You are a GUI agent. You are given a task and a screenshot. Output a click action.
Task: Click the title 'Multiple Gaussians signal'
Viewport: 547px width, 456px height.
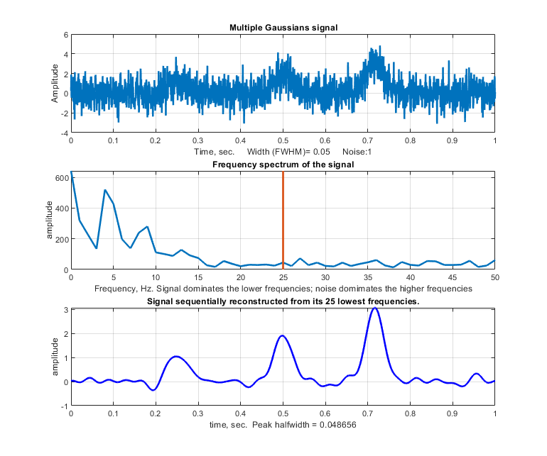[x=283, y=28]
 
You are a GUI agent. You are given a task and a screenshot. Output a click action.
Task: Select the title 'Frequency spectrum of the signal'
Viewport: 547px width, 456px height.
[x=283, y=165]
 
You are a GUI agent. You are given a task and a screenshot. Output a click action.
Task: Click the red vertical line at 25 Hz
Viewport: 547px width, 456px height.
[x=283, y=220]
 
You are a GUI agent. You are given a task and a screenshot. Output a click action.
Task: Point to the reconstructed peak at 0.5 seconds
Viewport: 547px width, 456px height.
[x=283, y=336]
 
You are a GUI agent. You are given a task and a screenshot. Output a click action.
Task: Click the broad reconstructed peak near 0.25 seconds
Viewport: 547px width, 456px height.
[x=177, y=357]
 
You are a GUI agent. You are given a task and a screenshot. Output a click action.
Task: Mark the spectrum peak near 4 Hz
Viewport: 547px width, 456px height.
[x=105, y=190]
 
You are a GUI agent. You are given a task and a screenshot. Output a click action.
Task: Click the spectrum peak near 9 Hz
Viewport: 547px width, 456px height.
[x=147, y=227]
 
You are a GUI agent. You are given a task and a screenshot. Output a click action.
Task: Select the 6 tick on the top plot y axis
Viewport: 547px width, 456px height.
[x=65, y=35]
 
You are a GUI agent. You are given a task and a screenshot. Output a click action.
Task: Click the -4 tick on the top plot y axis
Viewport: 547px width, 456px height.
[x=63, y=133]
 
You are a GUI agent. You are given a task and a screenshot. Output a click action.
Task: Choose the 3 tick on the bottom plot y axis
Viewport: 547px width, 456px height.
[x=65, y=310]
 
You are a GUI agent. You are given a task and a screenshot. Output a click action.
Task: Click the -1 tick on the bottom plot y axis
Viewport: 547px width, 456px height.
[x=63, y=406]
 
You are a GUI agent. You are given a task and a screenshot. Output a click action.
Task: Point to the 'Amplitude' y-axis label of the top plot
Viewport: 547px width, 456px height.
[x=55, y=83]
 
